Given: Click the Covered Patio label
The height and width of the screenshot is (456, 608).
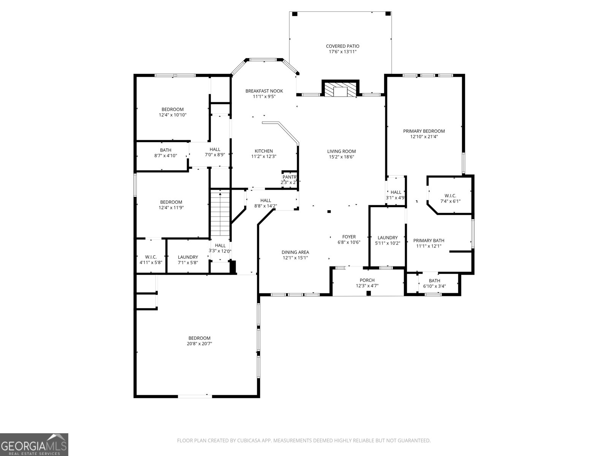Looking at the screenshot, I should point(342,46).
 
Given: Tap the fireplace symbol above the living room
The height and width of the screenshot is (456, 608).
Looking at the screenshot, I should point(340,90).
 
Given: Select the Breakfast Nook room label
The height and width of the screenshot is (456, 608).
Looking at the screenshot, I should point(264,91).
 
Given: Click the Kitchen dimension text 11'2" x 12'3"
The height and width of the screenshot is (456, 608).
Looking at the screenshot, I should point(264,156).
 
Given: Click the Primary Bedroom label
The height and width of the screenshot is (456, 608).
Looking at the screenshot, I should point(424,131).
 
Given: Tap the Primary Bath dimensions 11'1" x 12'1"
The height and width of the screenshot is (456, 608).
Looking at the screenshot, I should point(429,246).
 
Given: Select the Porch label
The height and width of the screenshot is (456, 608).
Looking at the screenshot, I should point(367,280).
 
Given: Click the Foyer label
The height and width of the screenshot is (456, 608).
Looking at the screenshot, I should point(349,237).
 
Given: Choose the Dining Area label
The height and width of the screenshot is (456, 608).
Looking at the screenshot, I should point(295,252).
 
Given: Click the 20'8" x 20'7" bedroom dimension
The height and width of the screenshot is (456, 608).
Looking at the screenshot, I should point(199,344).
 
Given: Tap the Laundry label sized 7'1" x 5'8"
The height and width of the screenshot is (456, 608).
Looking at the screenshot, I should point(188,257).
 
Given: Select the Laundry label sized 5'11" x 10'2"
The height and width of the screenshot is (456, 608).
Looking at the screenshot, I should point(388,237).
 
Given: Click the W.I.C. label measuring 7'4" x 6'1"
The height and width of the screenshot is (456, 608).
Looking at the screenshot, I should point(450,196).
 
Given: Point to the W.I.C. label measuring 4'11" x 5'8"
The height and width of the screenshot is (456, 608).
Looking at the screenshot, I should point(151,257).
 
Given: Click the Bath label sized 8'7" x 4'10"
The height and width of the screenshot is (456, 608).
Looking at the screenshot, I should point(166,150).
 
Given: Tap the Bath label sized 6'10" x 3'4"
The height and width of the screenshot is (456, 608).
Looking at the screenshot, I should point(434,280).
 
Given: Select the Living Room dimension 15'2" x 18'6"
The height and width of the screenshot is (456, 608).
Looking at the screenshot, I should point(342,157).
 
